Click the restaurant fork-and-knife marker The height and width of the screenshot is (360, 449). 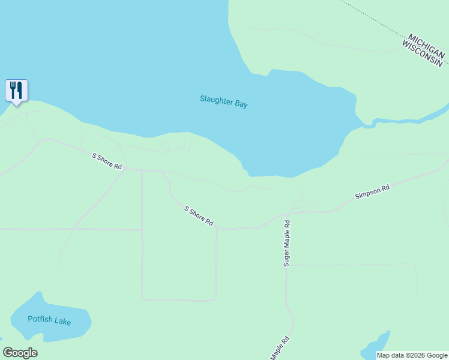[x=17, y=91]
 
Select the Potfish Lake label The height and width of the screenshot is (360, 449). [x=49, y=320]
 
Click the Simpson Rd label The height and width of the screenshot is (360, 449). [x=372, y=192]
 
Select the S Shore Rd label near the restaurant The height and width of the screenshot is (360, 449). [x=107, y=161]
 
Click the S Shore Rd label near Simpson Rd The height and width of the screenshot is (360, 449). [x=199, y=216]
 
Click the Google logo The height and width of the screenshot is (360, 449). [x=20, y=353]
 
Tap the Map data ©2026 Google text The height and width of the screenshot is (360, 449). [x=412, y=355]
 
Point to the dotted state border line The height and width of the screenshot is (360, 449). [x=372, y=18]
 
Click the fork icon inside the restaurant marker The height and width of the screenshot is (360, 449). [x=13, y=91]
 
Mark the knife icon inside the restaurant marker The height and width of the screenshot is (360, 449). [x=20, y=91]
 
